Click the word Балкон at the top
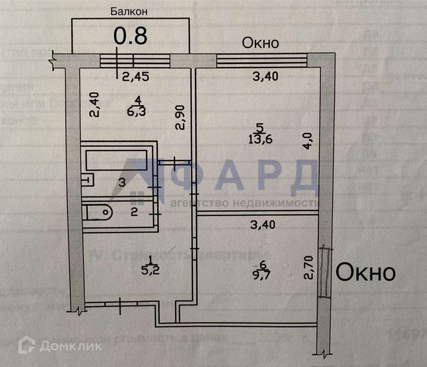[x=129, y=11]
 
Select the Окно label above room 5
[x=260, y=43]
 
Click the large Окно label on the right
[x=365, y=273]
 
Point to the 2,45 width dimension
[x=136, y=77]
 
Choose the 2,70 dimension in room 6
[x=310, y=268]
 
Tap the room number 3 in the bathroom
[x=122, y=182]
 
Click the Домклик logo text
[x=70, y=346]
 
